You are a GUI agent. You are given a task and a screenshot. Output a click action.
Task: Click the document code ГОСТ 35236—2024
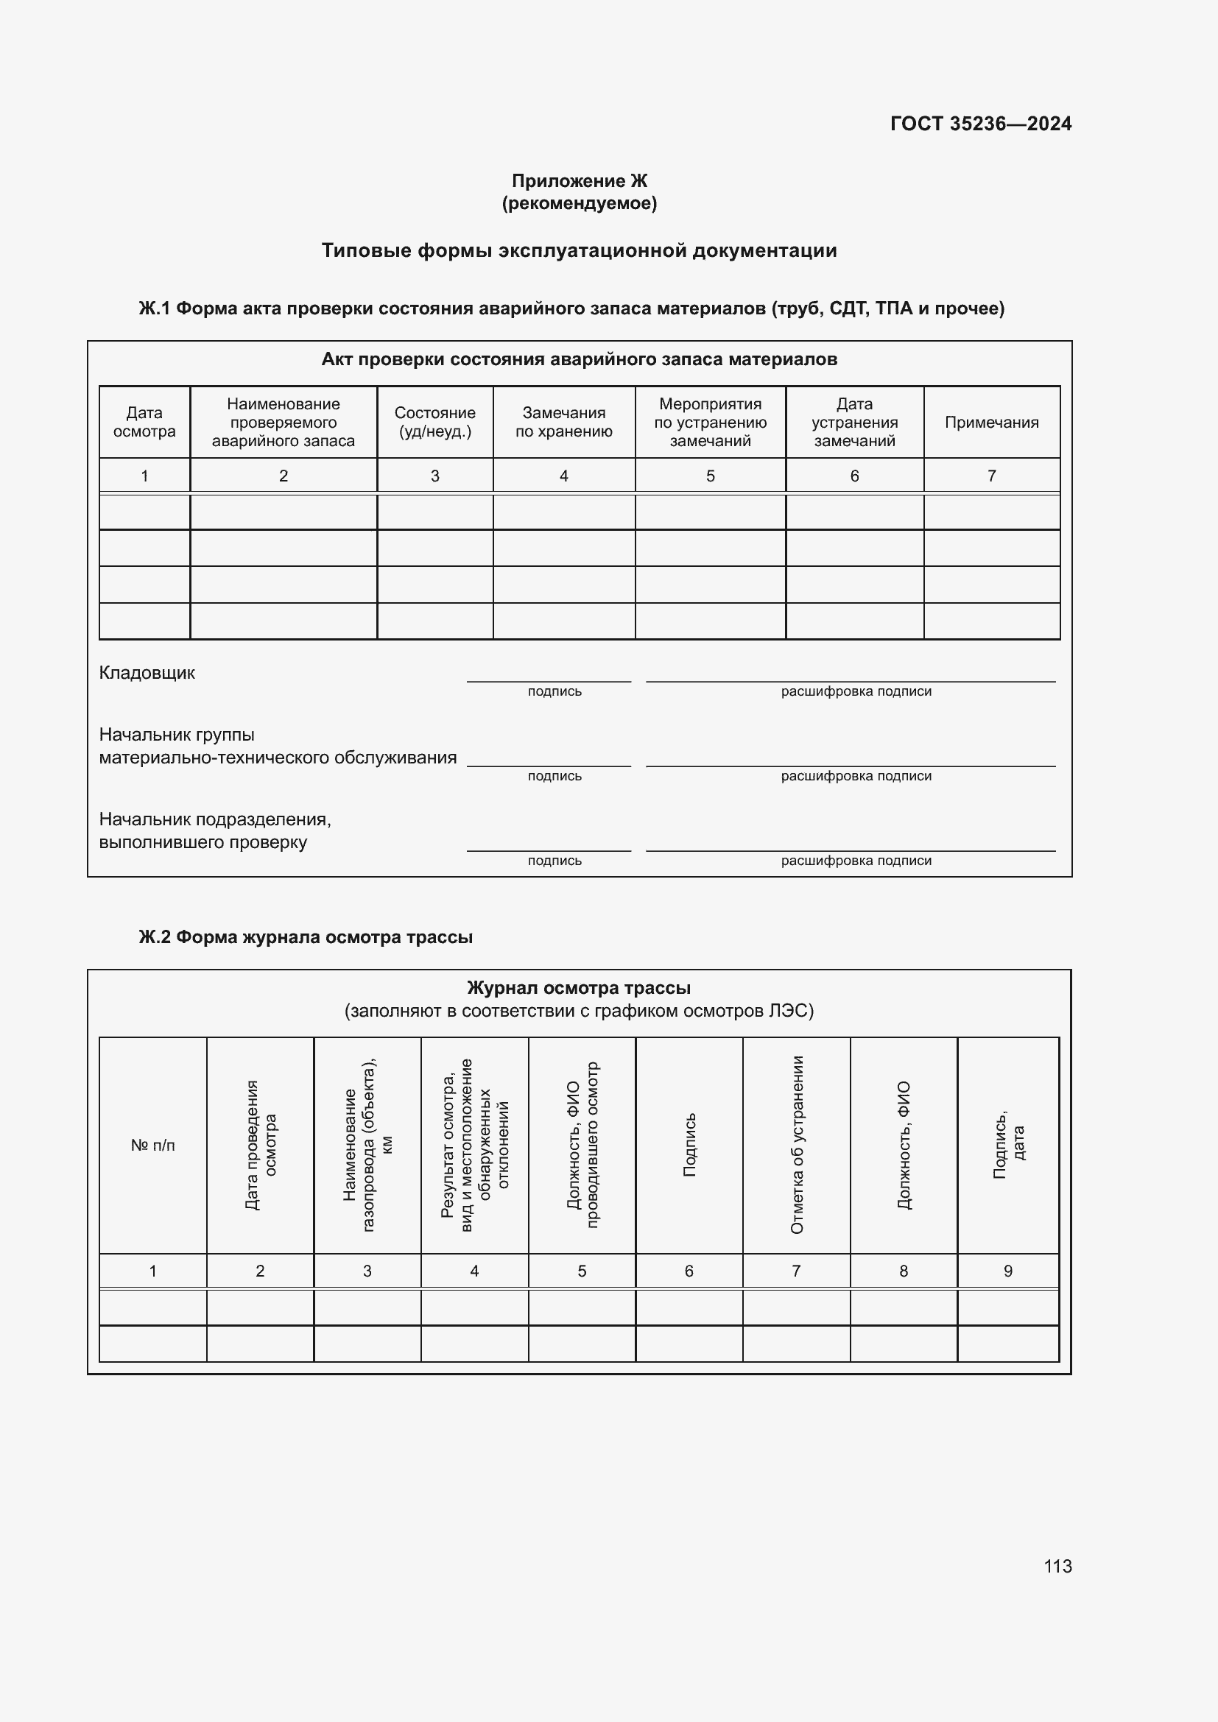click(980, 124)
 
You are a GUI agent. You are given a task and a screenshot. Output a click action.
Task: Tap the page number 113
click(1057, 1566)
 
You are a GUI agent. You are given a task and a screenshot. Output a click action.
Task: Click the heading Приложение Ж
click(579, 181)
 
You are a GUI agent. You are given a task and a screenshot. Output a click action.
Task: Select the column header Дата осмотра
click(144, 422)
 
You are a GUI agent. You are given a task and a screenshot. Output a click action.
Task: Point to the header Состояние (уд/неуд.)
click(434, 422)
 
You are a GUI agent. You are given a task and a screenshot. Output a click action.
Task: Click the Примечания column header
click(990, 423)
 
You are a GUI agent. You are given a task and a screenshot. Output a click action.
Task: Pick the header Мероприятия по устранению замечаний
click(709, 423)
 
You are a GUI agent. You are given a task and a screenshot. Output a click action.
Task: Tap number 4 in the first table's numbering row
click(563, 476)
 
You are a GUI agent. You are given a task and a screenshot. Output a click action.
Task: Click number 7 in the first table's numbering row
click(990, 476)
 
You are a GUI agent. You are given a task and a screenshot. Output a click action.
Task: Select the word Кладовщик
click(147, 673)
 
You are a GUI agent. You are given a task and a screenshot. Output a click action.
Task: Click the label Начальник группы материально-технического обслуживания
click(278, 747)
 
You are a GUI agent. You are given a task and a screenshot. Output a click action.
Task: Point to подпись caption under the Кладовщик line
click(555, 691)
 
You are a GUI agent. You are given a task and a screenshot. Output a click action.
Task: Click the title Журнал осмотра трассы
click(578, 988)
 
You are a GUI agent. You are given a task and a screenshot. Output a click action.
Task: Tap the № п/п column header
click(153, 1146)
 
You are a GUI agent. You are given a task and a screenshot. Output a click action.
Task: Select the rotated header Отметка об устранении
click(797, 1145)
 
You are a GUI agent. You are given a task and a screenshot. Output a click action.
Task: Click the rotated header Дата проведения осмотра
click(260, 1145)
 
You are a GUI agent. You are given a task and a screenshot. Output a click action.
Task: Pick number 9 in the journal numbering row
click(1007, 1271)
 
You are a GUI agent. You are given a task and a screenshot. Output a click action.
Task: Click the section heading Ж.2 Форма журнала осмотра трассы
click(306, 936)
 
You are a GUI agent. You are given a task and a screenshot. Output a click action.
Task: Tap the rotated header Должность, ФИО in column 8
click(904, 1145)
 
